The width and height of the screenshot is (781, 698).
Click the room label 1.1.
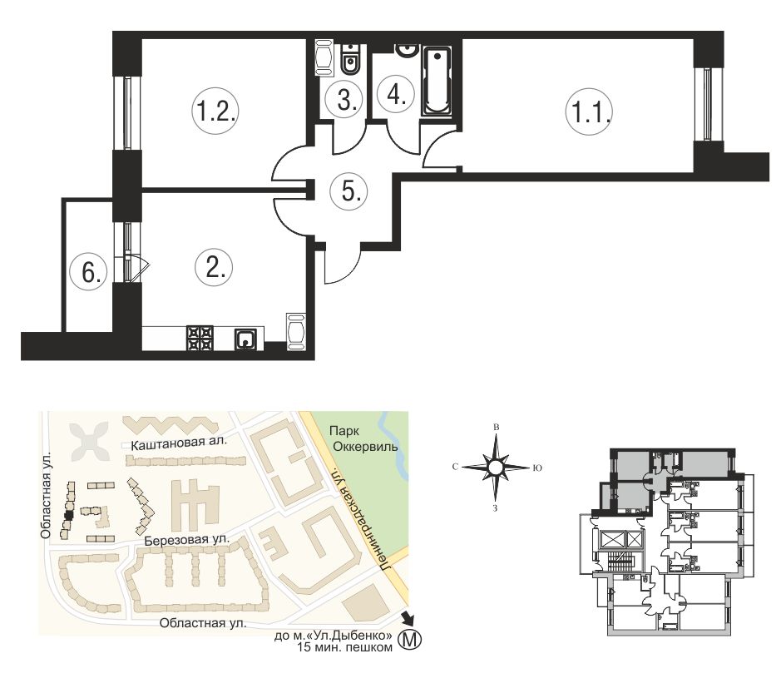[x=589, y=111]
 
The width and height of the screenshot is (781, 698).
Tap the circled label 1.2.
[x=215, y=111]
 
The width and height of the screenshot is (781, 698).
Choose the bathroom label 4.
[x=396, y=93]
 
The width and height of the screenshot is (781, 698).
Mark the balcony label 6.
[x=89, y=272]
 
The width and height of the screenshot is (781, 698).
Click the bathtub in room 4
[x=437, y=82]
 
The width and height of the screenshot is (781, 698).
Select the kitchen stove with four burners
[x=200, y=339]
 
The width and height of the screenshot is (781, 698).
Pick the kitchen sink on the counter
[x=246, y=339]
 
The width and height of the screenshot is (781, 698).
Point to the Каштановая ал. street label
[x=178, y=443]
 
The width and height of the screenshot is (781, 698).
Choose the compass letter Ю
[x=537, y=468]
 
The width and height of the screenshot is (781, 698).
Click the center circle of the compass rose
[x=495, y=468]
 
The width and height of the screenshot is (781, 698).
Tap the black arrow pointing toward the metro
[x=408, y=618]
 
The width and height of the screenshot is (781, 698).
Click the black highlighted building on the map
[x=69, y=515]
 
